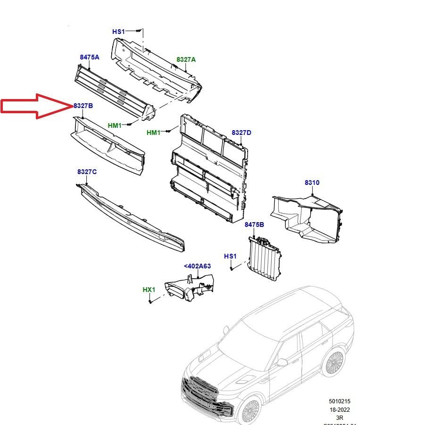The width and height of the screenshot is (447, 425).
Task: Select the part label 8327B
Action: click(x=83, y=106)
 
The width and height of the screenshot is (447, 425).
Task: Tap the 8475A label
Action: click(x=90, y=57)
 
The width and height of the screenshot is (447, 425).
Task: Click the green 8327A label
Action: click(x=186, y=59)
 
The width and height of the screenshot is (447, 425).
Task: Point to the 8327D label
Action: click(x=241, y=133)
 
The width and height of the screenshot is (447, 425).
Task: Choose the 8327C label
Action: click(x=87, y=172)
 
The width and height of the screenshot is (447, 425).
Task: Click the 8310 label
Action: click(x=312, y=183)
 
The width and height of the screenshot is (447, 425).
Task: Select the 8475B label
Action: click(x=254, y=225)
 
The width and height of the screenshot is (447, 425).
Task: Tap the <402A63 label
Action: click(x=197, y=266)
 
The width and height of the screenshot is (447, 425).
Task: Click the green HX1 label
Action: click(x=149, y=289)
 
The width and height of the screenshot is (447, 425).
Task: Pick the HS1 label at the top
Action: click(x=118, y=32)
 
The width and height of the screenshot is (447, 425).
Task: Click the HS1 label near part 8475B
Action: click(x=230, y=256)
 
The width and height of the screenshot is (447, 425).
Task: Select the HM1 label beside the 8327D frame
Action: click(x=153, y=133)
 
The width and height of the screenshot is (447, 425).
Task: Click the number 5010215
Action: click(x=340, y=401)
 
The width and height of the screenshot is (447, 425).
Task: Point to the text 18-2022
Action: click(x=340, y=409)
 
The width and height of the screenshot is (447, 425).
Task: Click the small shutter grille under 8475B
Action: click(x=265, y=259)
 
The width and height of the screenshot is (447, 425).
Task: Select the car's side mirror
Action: click(x=282, y=362)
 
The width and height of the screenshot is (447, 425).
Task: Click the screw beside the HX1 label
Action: click(x=149, y=301)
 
